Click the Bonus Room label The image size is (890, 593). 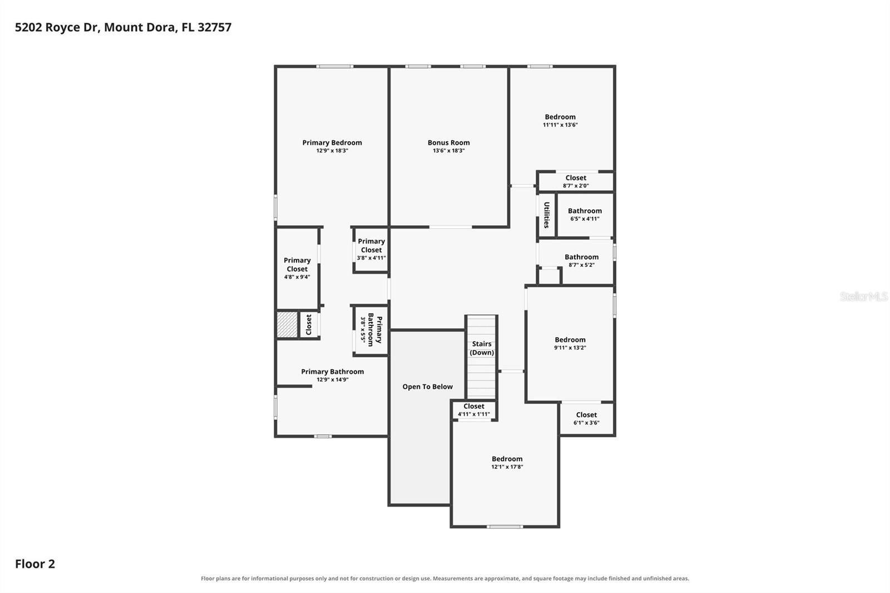pyautogui.click(x=448, y=142)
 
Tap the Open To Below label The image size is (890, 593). pyautogui.click(x=428, y=387)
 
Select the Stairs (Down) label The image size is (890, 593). pyautogui.click(x=482, y=348)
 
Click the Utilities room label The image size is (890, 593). pyautogui.click(x=547, y=215)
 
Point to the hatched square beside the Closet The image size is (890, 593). pyautogui.click(x=287, y=325)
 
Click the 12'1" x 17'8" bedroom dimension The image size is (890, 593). pyautogui.click(x=507, y=467)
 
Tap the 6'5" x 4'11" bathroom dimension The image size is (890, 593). pyautogui.click(x=585, y=219)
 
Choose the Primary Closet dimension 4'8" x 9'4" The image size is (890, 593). pyautogui.click(x=297, y=277)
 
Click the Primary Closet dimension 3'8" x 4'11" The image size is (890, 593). pyautogui.click(x=371, y=258)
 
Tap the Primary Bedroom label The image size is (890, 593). pyautogui.click(x=332, y=142)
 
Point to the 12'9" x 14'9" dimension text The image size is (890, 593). pyautogui.click(x=333, y=379)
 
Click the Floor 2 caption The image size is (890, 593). pyautogui.click(x=35, y=564)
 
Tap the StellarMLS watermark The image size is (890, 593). pyautogui.click(x=864, y=296)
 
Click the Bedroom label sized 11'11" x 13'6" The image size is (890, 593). pyautogui.click(x=560, y=117)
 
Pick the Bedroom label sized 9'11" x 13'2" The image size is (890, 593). pyautogui.click(x=570, y=340)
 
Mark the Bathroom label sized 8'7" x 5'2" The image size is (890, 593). pyautogui.click(x=582, y=257)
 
